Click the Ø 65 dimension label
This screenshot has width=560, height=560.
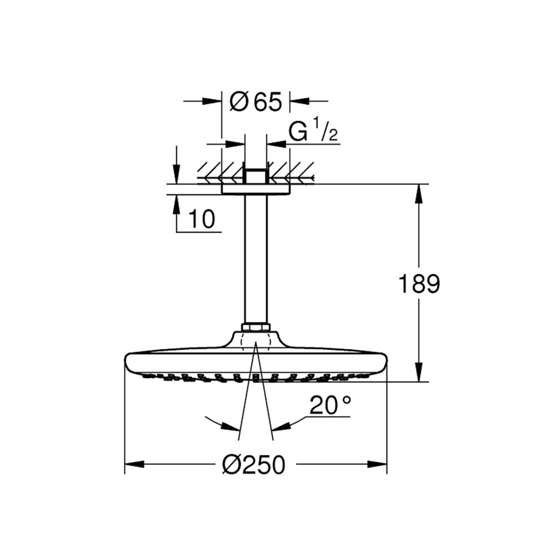(x=255, y=102)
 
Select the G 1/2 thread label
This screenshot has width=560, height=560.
(x=313, y=133)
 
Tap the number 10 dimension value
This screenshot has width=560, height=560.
(x=202, y=219)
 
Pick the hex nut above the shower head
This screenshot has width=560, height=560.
(x=255, y=328)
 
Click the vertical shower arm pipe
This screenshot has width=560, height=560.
(x=255, y=258)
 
